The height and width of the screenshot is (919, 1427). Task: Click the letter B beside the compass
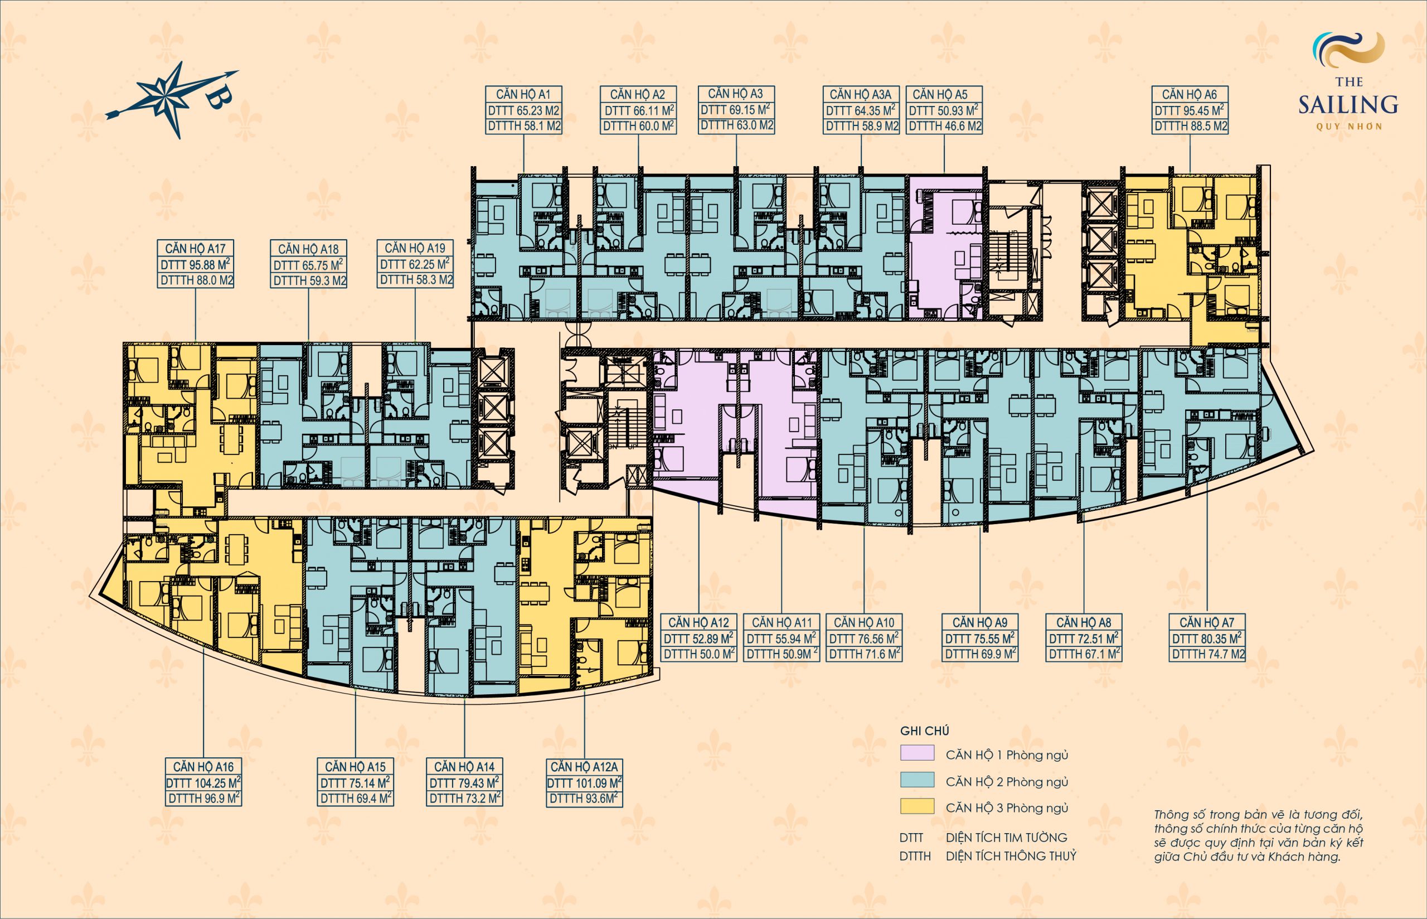click(x=219, y=100)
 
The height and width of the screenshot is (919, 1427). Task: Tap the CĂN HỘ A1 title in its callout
click(x=523, y=94)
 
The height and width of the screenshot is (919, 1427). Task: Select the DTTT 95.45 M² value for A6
click(x=1189, y=110)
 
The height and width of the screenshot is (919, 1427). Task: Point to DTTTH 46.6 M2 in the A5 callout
click(x=945, y=126)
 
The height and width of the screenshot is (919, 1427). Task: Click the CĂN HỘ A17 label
click(x=195, y=248)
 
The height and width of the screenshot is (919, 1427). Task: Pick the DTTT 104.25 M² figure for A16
click(x=203, y=782)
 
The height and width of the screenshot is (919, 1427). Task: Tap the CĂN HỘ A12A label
click(x=584, y=767)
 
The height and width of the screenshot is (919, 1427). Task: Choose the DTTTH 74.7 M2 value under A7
click(x=1208, y=654)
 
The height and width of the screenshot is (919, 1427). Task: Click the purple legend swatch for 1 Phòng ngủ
click(x=917, y=752)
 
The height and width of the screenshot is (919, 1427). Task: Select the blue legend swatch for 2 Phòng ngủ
click(x=917, y=780)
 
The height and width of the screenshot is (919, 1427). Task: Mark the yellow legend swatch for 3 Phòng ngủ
click(x=917, y=806)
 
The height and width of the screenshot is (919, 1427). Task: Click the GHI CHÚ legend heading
click(x=924, y=731)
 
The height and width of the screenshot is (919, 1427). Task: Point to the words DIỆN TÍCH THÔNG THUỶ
click(x=1011, y=856)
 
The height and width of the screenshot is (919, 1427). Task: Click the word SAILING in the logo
click(x=1348, y=105)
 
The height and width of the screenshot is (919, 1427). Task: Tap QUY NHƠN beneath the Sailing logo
click(x=1348, y=127)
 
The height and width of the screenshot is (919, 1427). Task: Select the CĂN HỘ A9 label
click(x=980, y=622)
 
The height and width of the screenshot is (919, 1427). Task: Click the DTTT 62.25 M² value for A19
click(x=415, y=264)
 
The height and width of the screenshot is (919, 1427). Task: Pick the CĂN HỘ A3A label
click(x=861, y=94)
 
